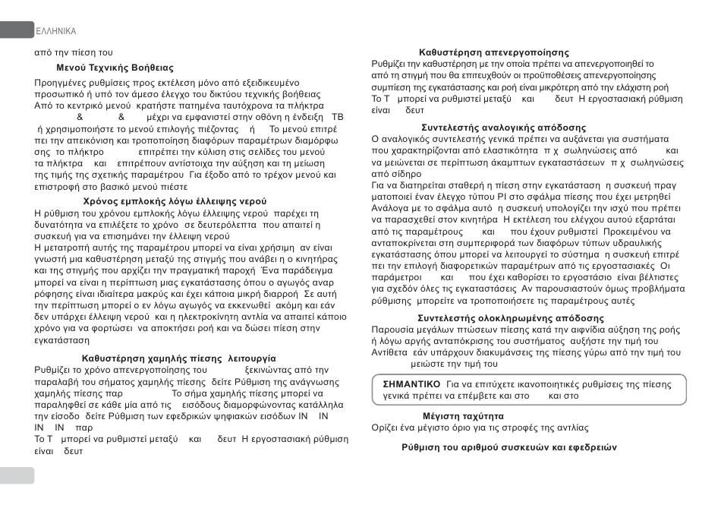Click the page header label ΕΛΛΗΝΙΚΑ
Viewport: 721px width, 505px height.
coord(55,31)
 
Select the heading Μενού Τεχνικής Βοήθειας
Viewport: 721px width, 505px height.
coord(115,68)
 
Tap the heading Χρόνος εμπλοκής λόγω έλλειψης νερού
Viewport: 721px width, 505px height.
coord(175,201)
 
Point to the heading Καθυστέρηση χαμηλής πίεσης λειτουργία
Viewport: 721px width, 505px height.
coord(178,358)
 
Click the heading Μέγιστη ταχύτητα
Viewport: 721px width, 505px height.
coord(463,416)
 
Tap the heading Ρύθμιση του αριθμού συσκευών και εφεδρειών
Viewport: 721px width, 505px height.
coord(509,447)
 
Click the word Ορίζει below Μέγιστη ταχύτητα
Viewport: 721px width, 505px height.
coord(386,428)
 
